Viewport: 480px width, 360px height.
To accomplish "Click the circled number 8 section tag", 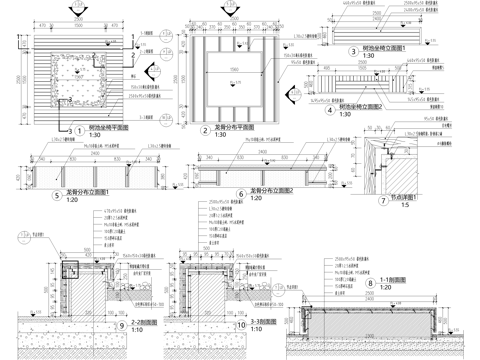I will coord(371,283).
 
